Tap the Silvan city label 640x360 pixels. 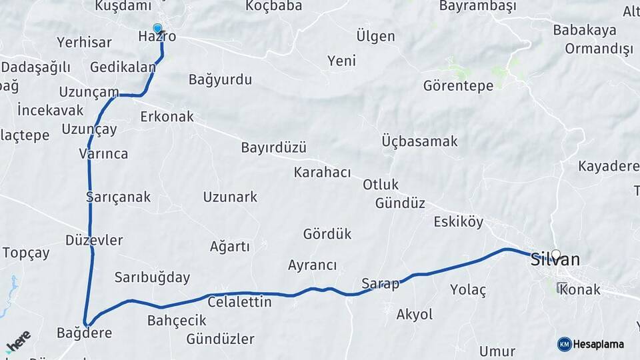pos(555,260)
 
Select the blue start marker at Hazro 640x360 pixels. pos(157,29)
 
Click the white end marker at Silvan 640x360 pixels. pos(555,254)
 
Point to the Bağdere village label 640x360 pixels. pos(84,333)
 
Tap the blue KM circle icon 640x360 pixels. pos(564,344)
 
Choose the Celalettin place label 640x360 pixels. pos(240,302)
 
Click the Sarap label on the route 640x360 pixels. pos(380,283)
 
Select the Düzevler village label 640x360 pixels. pos(94,240)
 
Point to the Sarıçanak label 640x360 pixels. pos(119,197)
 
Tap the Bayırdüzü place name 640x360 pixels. pos(273,147)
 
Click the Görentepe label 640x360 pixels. pos(458,85)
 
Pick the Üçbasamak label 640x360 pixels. pos(420,141)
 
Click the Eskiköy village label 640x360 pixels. pos(459,222)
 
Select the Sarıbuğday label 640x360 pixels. pos(152,277)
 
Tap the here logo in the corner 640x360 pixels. pos(19,340)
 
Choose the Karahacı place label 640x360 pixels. pos(322,173)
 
